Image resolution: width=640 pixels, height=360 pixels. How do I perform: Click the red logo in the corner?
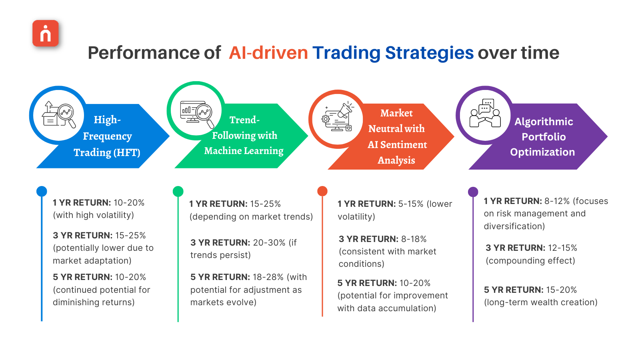(46, 33)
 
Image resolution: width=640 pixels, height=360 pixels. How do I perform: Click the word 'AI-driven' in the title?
(268, 53)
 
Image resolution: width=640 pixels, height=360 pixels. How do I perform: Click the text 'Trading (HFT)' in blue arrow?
(107, 152)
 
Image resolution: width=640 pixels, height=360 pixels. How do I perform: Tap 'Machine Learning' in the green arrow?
(244, 151)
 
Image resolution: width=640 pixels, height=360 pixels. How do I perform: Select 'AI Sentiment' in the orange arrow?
(397, 144)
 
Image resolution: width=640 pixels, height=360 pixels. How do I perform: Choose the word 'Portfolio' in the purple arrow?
(544, 137)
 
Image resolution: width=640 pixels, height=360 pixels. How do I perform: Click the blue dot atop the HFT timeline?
(42, 191)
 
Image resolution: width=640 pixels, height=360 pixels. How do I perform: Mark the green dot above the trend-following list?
(178, 191)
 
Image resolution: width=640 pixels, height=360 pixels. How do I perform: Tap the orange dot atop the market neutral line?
(322, 191)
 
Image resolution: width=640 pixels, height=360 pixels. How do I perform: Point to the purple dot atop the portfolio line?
(473, 192)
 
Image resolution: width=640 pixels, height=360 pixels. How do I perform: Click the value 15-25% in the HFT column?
(130, 235)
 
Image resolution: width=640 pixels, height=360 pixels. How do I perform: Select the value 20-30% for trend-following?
(269, 242)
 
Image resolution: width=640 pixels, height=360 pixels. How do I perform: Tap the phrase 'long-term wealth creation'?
(541, 302)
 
